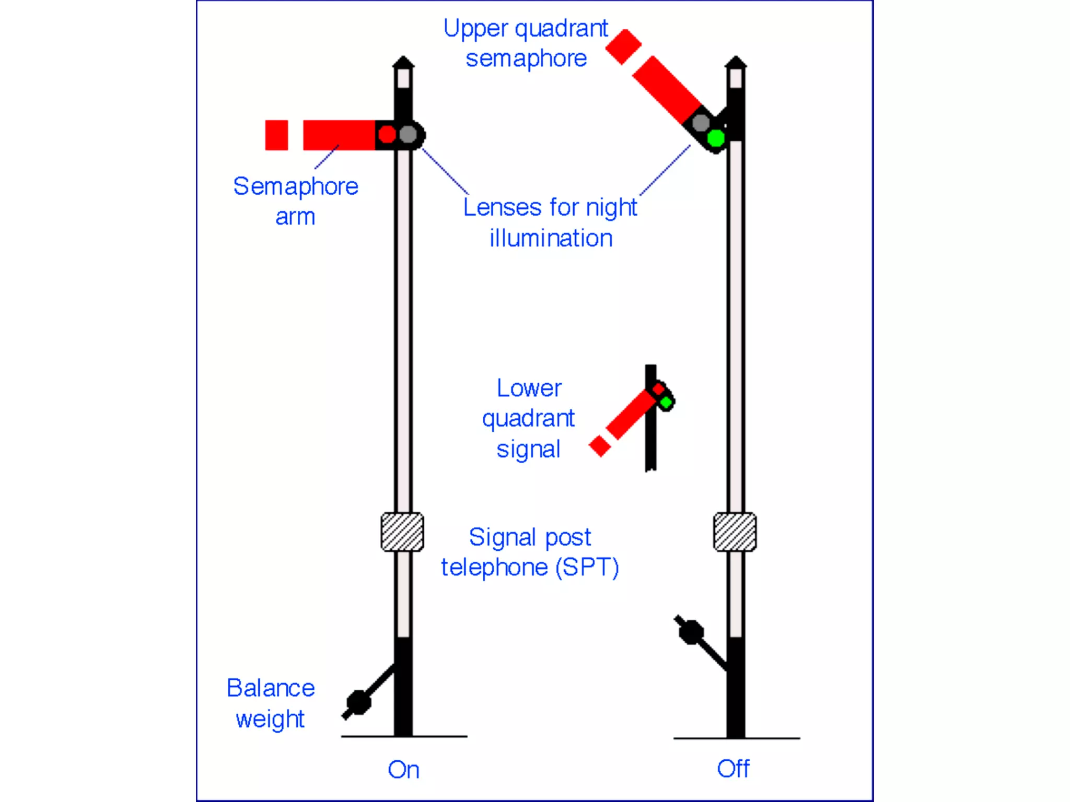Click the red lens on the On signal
point(387,134)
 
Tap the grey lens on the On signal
point(408,135)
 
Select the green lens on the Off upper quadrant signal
point(716,138)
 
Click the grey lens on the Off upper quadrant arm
point(701,123)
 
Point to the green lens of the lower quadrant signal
point(666,403)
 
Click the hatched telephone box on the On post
point(402,532)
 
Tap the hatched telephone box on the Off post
point(735,532)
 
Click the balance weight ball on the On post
point(359,702)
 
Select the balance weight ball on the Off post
point(691,632)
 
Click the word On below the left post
point(403,770)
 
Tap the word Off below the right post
point(733,769)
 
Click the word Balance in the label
point(271,688)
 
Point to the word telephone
point(494,568)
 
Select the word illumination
point(551,239)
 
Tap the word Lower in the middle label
point(529,388)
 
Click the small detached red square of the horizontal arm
point(276,135)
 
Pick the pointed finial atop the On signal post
point(403,63)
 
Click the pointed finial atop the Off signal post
point(736,63)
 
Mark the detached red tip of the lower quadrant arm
point(600,446)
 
